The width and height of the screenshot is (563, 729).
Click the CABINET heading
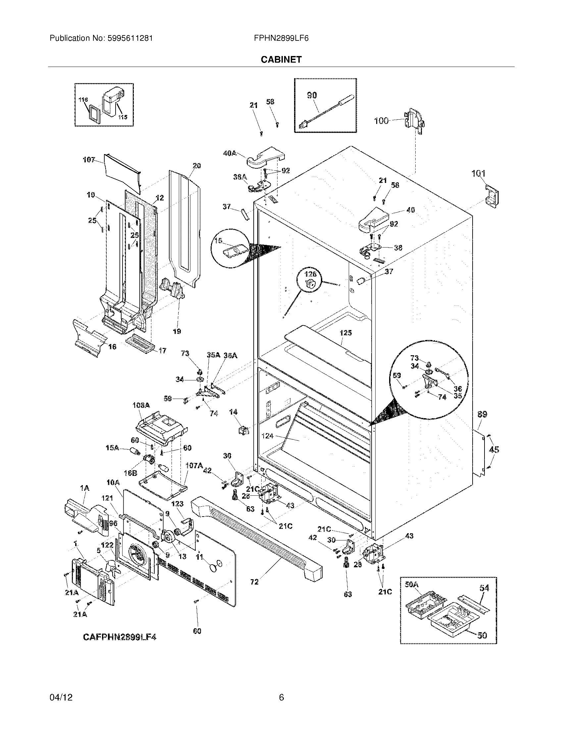[x=281, y=59]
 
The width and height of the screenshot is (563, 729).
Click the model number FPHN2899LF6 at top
[x=281, y=38]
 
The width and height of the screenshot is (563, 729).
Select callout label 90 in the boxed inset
[x=312, y=95]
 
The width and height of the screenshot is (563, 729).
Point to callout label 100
[x=382, y=121]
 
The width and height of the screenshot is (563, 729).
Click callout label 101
[x=478, y=174]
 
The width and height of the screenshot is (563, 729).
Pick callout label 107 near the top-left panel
[x=89, y=160]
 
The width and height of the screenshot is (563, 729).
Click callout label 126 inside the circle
[x=310, y=274]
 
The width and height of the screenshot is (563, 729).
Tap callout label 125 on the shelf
[x=345, y=333]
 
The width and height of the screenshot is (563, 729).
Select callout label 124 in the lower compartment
[x=268, y=436]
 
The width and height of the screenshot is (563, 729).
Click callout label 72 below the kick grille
[x=254, y=582]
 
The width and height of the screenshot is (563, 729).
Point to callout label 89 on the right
[x=482, y=414]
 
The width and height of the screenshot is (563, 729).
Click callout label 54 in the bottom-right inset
[x=484, y=588]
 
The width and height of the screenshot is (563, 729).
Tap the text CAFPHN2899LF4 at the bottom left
[x=120, y=637]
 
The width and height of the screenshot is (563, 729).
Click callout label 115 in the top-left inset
[x=123, y=117]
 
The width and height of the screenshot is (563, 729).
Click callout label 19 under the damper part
[x=177, y=331]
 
